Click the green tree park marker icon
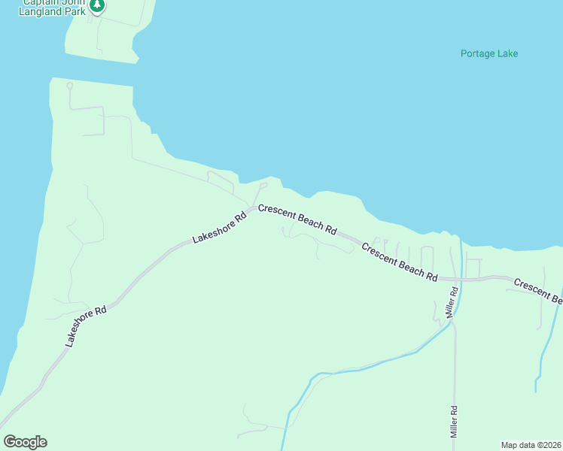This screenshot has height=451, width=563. coord(96,5)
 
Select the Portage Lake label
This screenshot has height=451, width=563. coord(489,53)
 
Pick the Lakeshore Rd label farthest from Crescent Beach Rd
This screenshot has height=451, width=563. coord(86,325)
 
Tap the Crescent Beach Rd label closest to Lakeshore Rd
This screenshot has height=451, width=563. coord(297,219)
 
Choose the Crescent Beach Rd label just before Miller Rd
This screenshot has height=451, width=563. coord(400,262)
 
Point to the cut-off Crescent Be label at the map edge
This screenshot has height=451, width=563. coord(538,291)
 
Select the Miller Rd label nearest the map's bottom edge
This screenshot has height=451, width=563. coord(454,422)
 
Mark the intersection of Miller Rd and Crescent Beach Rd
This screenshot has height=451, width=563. coord(455,279)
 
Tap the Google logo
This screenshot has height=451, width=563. coord(25,441)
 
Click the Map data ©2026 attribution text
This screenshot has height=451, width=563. coord(531,445)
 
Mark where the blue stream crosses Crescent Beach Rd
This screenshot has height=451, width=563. coord(461,279)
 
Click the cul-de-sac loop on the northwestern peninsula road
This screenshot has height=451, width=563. coord(69,86)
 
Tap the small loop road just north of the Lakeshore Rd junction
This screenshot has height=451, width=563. coord(263,184)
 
